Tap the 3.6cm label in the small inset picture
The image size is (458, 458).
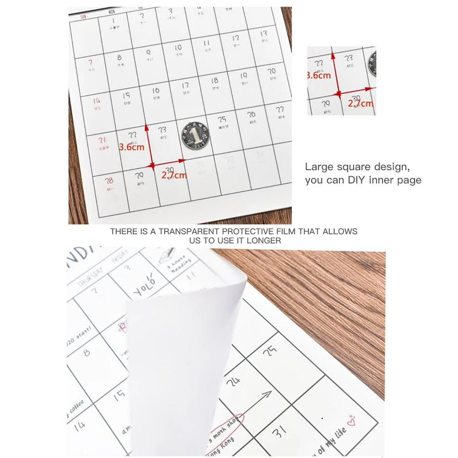coord(318,75)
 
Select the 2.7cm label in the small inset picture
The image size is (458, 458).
coord(361,103)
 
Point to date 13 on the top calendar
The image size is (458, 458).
coord(264,34)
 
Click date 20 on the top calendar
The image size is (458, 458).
coord(272,71)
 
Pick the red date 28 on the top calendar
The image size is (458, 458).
coord(109,181)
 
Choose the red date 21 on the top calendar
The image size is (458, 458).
coord(102,140)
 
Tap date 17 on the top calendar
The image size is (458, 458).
coord(185,86)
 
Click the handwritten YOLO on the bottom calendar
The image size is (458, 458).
coord(145,286)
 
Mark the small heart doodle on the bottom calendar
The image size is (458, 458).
coord(351,418)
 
